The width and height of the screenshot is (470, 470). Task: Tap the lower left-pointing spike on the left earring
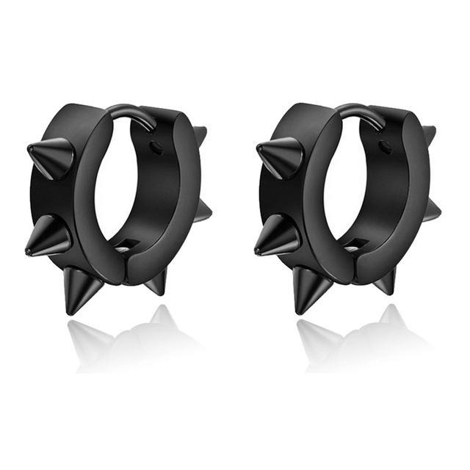[x=48, y=239]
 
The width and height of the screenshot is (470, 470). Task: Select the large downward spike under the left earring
[x=77, y=289]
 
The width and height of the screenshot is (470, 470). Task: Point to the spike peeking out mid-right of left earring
[x=205, y=211]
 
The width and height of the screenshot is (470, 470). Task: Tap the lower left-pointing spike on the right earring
[x=277, y=239]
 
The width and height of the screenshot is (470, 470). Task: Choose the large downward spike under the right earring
[x=306, y=289]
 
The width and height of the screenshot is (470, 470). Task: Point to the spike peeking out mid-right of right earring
[x=434, y=211]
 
